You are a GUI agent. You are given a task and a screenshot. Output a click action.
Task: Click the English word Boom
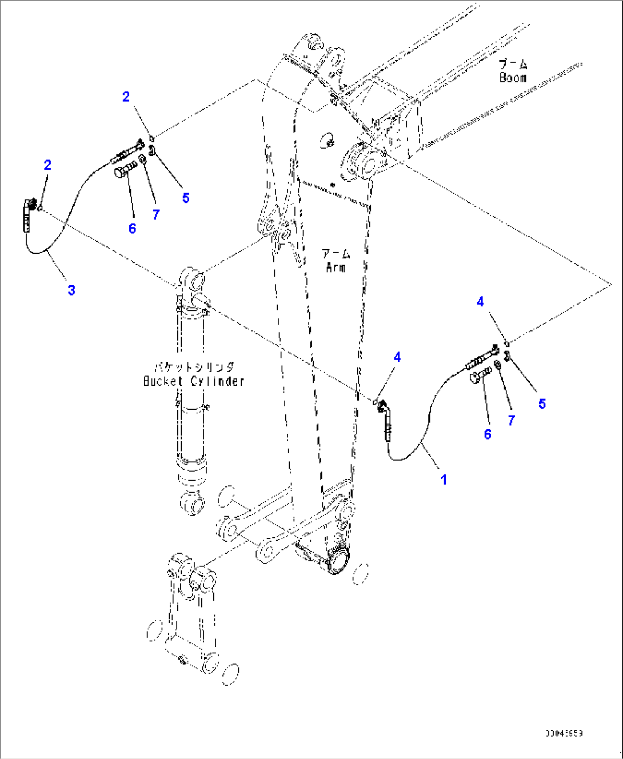(513, 78)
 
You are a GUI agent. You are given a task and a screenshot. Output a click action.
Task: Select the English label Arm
(336, 267)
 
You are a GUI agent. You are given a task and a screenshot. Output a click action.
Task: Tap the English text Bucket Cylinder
(194, 381)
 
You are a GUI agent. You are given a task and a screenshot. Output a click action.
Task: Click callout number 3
(71, 290)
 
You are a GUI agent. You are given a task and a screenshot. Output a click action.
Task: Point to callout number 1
(444, 480)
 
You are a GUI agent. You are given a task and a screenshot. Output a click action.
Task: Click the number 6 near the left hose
(132, 229)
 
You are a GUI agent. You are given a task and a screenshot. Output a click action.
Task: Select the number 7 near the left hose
(155, 214)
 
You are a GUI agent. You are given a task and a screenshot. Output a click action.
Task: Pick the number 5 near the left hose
(186, 198)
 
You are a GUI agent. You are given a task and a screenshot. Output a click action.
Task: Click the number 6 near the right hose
(488, 434)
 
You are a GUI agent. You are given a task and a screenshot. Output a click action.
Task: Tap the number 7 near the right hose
(511, 421)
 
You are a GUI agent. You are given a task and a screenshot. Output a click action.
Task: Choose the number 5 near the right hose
(542, 404)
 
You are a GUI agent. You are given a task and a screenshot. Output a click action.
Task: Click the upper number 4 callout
(480, 302)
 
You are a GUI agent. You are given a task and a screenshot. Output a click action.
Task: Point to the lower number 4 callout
(397, 357)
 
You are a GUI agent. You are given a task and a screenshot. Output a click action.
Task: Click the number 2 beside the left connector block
(47, 165)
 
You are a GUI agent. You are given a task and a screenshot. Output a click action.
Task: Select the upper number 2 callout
(126, 97)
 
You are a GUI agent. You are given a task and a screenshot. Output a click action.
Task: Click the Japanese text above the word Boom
(513, 64)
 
